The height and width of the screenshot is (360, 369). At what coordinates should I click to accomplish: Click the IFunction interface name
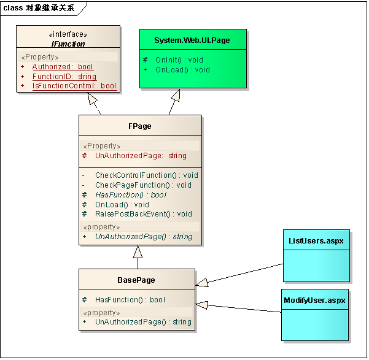pyautogui.click(x=68, y=44)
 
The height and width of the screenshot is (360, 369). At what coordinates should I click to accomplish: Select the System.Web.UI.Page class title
pyautogui.click(x=192, y=40)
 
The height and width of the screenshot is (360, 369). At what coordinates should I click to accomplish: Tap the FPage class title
pyautogui.click(x=140, y=126)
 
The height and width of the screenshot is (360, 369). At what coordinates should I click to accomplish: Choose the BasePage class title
pyautogui.click(x=136, y=280)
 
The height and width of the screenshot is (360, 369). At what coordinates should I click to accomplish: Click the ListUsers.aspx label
pyautogui.click(x=316, y=240)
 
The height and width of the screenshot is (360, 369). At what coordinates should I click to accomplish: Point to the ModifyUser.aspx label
pyautogui.click(x=315, y=301)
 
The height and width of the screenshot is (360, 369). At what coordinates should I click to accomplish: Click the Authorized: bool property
pyautogui.click(x=63, y=67)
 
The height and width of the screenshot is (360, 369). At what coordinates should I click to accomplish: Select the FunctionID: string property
pyautogui.click(x=64, y=77)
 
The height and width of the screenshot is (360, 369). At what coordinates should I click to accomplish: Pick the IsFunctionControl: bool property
pyautogui.click(x=74, y=86)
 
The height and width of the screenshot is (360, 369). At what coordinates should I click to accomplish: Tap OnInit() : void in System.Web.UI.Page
pyautogui.click(x=179, y=60)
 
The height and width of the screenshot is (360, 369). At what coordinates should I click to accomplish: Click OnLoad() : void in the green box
pyautogui.click(x=182, y=70)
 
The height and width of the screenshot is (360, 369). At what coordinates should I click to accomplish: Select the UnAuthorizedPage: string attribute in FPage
pyautogui.click(x=141, y=156)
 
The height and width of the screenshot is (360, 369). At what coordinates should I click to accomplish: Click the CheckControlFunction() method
pyautogui.click(x=146, y=175)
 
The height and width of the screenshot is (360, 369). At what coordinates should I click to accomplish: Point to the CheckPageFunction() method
pyautogui.click(x=143, y=185)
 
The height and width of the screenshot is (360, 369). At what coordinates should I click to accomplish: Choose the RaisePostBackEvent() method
pyautogui.click(x=143, y=214)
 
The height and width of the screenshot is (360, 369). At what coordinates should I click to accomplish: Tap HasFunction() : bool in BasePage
pyautogui.click(x=130, y=300)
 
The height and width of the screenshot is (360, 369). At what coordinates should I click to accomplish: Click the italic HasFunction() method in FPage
pyautogui.click(x=131, y=195)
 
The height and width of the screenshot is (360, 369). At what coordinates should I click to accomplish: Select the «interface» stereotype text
pyautogui.click(x=68, y=35)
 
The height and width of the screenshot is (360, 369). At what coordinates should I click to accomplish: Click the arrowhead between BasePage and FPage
pyautogui.click(x=138, y=252)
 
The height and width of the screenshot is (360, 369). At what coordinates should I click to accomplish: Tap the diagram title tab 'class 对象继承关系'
pyautogui.click(x=38, y=8)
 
